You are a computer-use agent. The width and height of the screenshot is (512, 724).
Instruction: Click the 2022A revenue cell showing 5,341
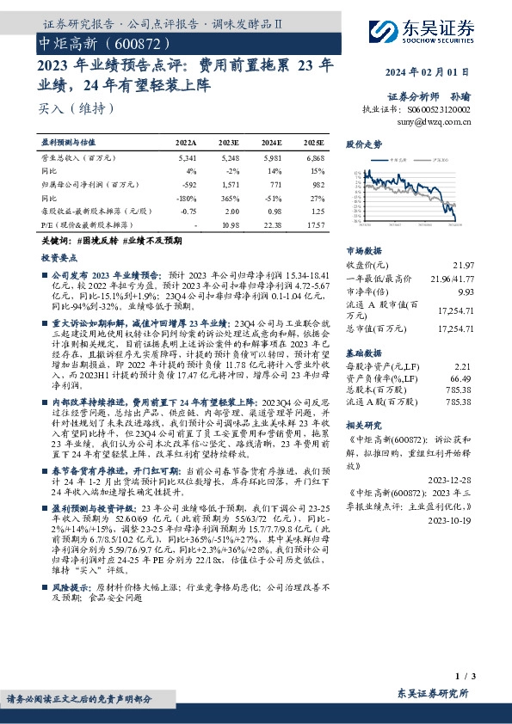186,159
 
